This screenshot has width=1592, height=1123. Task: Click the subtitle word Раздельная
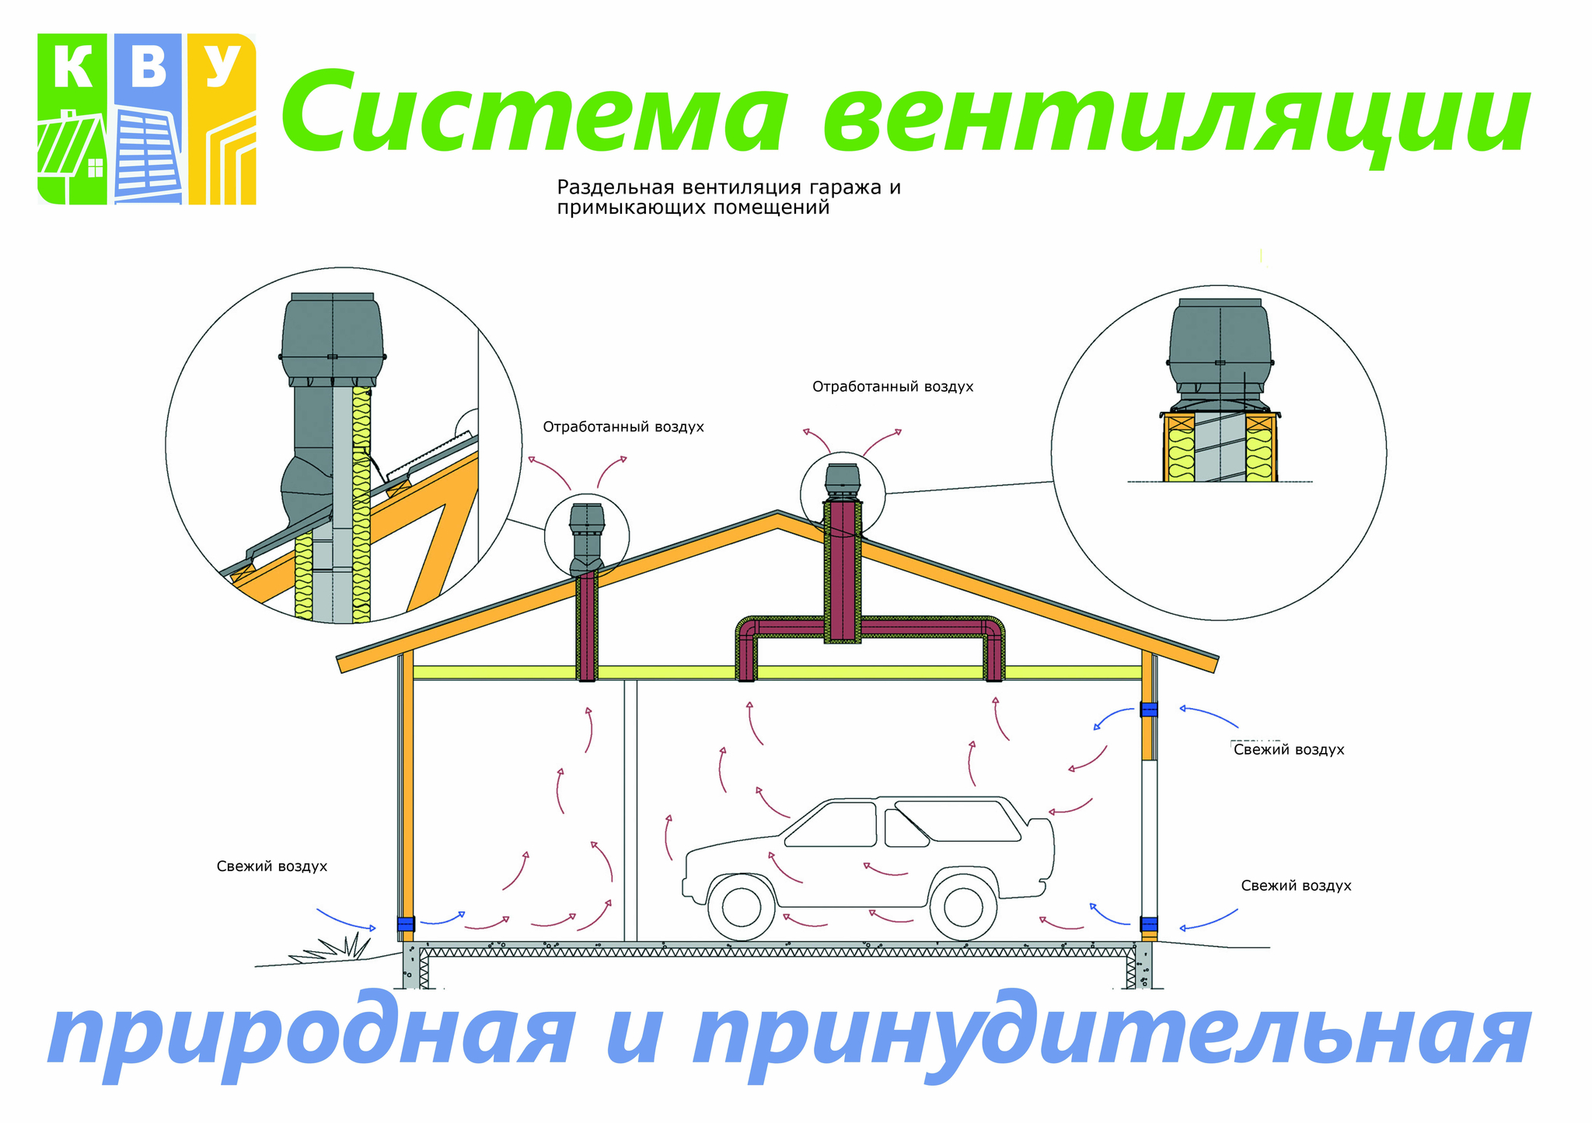[616, 187]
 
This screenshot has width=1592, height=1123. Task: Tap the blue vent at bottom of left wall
[406, 924]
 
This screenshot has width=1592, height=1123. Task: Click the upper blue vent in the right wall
[1148, 709]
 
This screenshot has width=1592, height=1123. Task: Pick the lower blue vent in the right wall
[1148, 924]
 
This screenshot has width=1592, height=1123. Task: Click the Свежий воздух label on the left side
[272, 867]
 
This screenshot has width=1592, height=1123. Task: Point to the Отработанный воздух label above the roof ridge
[892, 386]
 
